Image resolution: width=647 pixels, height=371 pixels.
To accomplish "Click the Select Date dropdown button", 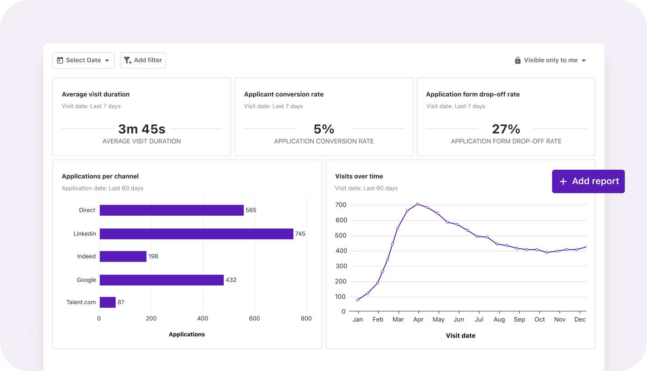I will [84, 60].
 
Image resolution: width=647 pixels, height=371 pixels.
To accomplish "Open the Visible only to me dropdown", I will [550, 60].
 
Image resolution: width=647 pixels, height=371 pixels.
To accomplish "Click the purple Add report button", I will [588, 181].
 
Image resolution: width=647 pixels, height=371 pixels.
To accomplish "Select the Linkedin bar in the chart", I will [197, 234].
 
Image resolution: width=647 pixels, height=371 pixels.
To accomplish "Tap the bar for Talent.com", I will [108, 302].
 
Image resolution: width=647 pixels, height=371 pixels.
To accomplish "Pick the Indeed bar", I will [123, 256].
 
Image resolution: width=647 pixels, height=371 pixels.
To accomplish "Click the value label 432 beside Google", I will [231, 280].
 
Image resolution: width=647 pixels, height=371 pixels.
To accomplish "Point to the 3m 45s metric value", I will [141, 129].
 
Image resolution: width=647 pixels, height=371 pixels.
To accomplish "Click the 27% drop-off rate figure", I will [506, 129].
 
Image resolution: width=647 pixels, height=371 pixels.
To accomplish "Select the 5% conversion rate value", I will [324, 129].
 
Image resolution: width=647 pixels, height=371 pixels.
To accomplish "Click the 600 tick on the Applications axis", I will [254, 319].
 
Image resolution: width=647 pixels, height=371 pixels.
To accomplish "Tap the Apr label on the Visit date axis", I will [418, 320].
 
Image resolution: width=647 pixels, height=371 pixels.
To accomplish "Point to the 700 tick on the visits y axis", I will [341, 205].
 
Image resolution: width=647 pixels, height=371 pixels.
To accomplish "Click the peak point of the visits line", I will [417, 204].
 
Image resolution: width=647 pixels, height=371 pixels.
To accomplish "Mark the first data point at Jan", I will [358, 300].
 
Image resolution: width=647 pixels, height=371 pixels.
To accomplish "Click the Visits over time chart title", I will [359, 176].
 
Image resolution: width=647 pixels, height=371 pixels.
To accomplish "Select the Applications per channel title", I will [100, 176].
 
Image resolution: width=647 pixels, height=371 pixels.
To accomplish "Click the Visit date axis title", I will [460, 336].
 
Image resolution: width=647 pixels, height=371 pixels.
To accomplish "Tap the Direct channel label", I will [87, 210].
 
